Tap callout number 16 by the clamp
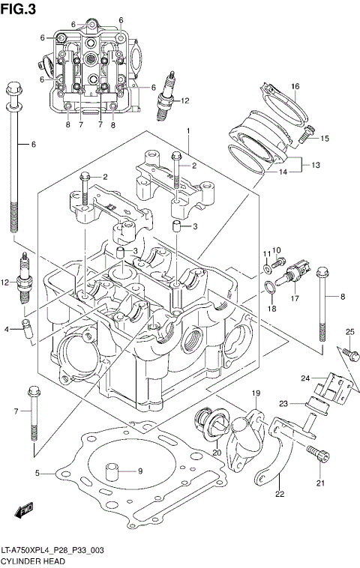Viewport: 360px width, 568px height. click(x=295, y=86)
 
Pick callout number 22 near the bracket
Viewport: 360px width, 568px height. click(x=280, y=494)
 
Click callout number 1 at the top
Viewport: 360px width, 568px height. click(x=188, y=131)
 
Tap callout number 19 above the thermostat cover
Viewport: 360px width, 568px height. click(x=255, y=394)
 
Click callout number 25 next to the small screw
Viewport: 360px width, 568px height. click(x=349, y=332)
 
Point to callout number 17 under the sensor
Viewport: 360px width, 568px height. click(x=295, y=298)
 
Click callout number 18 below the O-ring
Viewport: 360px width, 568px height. click(x=273, y=308)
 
